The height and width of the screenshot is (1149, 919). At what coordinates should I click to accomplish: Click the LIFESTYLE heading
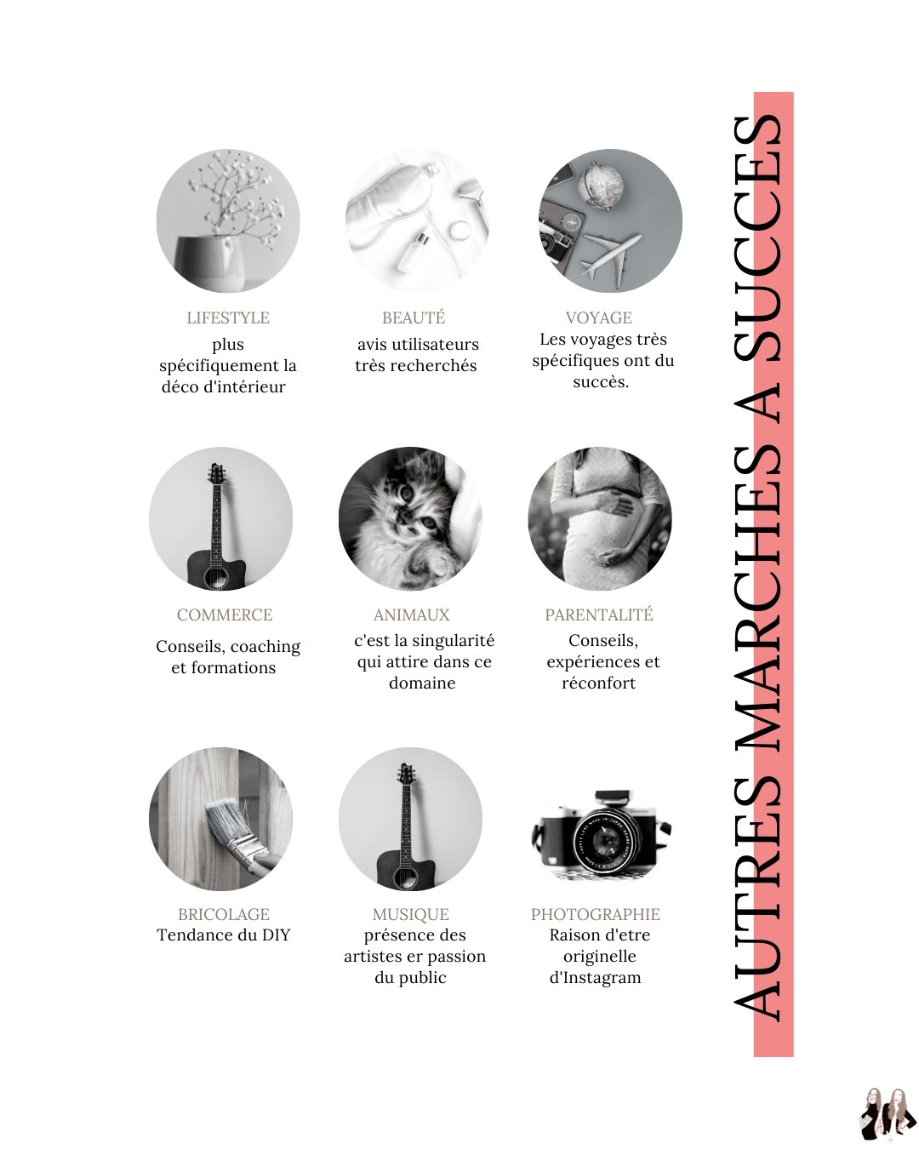pos(228,317)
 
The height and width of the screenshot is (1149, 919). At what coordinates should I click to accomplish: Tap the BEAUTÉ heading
pos(414,317)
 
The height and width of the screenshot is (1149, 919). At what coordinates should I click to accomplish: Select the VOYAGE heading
pos(598,317)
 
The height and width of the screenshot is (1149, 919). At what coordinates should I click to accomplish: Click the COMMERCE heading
pos(225,615)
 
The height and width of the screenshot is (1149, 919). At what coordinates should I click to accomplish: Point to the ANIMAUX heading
pos(412,615)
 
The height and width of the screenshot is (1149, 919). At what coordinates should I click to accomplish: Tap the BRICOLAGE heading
pos(224,914)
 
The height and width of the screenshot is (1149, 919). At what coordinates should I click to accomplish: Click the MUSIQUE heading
pos(411,915)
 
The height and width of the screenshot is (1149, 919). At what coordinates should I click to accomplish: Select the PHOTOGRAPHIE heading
pos(596,914)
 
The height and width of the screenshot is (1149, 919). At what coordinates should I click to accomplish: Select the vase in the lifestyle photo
pos(209,264)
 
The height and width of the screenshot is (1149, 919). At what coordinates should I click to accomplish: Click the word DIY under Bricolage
pos(276,935)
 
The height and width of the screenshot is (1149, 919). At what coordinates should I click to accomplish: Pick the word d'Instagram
pos(595,978)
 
